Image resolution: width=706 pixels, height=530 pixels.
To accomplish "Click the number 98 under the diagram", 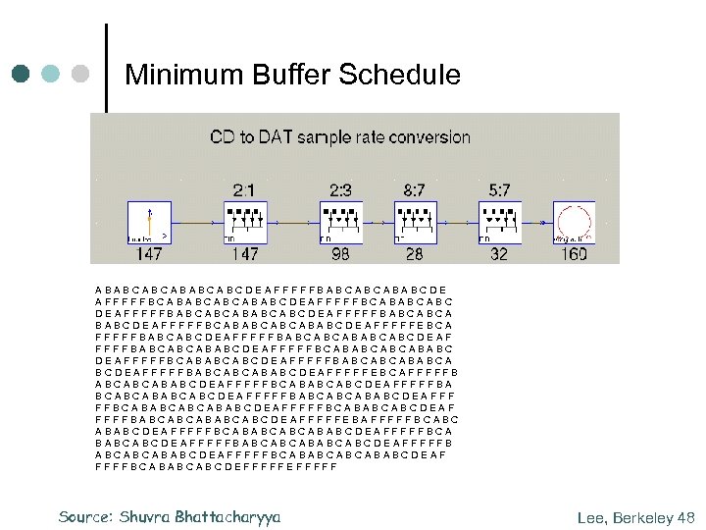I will pyautogui.click(x=340, y=254).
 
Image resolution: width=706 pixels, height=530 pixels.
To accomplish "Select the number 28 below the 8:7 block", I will pyautogui.click(x=414, y=254).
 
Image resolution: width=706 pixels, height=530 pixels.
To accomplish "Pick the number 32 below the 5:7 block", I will pyautogui.click(x=498, y=254).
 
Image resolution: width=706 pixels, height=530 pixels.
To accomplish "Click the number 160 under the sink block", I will pyautogui.click(x=574, y=254).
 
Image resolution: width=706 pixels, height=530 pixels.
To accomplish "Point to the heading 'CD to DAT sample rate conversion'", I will pyautogui.click(x=340, y=137).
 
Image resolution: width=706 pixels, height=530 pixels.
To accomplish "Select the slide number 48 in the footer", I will pyautogui.click(x=685, y=516).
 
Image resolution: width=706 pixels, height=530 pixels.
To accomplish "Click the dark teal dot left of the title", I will pyautogui.click(x=21, y=74).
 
